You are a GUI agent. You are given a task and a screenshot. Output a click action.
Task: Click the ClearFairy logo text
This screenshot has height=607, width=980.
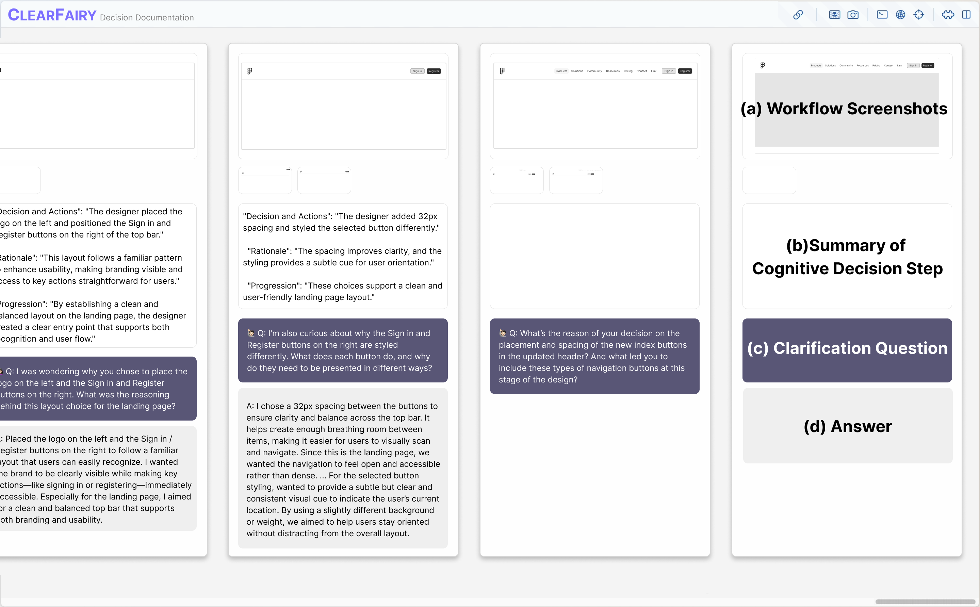point(52,15)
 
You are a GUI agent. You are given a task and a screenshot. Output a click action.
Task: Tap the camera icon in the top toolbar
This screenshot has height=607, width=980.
point(853,15)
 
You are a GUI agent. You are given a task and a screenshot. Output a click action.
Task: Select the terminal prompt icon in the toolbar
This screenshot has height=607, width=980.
point(882,15)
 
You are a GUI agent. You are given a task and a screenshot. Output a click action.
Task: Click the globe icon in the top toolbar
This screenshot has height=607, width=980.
point(900,15)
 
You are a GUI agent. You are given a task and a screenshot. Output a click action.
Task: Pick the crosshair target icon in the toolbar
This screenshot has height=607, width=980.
point(918,15)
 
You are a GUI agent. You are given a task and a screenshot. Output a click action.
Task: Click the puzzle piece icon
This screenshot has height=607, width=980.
point(948,15)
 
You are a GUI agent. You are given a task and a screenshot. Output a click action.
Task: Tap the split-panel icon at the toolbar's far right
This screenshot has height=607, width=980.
point(966,15)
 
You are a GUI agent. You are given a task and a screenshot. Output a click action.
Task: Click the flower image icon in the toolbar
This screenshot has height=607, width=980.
point(834,15)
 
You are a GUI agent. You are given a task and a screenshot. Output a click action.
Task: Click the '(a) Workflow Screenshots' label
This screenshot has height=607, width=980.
point(844,109)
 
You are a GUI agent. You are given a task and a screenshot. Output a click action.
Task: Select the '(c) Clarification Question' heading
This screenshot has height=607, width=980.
point(847,348)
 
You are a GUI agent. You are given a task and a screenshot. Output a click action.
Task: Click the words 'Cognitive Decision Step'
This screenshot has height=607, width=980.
point(847,268)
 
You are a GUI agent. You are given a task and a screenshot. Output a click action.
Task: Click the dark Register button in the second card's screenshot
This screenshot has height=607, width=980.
point(434,71)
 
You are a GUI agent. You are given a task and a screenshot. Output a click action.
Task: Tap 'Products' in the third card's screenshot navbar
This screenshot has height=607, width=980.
point(561,71)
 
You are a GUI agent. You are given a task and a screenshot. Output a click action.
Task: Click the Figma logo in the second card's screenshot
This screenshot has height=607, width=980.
point(250,71)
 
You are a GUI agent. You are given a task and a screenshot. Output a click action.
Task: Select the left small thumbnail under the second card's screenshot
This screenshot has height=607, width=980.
point(265,180)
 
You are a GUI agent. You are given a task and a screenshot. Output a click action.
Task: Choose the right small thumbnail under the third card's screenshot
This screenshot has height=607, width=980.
point(576,180)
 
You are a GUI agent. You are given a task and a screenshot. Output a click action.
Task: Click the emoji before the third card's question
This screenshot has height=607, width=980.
point(503,333)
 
